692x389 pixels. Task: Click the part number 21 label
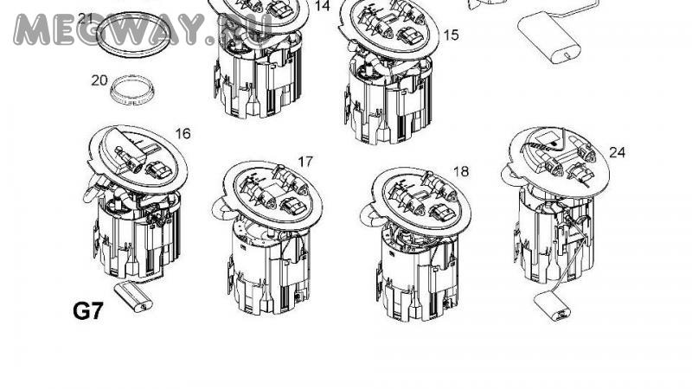click(85, 18)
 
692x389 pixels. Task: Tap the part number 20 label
click(99, 80)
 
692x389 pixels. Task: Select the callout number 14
click(323, 6)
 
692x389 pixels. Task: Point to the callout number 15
click(451, 35)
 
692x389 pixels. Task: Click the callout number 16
click(183, 134)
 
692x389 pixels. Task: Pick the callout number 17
click(305, 162)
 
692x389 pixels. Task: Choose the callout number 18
click(461, 171)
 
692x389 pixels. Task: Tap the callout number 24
click(617, 153)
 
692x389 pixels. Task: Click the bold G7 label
click(87, 311)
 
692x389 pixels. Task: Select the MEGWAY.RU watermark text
click(142, 29)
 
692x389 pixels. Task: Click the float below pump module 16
click(133, 297)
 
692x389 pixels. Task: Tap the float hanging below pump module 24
click(552, 307)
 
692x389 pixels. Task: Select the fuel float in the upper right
click(548, 39)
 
